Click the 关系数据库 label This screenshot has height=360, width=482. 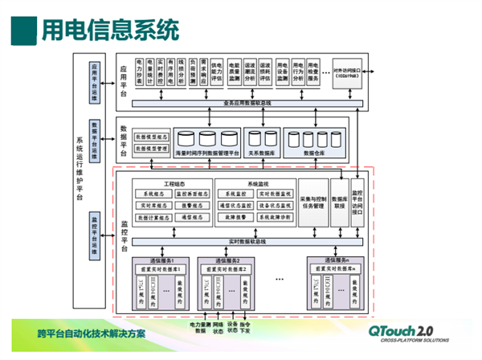point(263,152)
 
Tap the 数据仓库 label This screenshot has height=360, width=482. point(314,152)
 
